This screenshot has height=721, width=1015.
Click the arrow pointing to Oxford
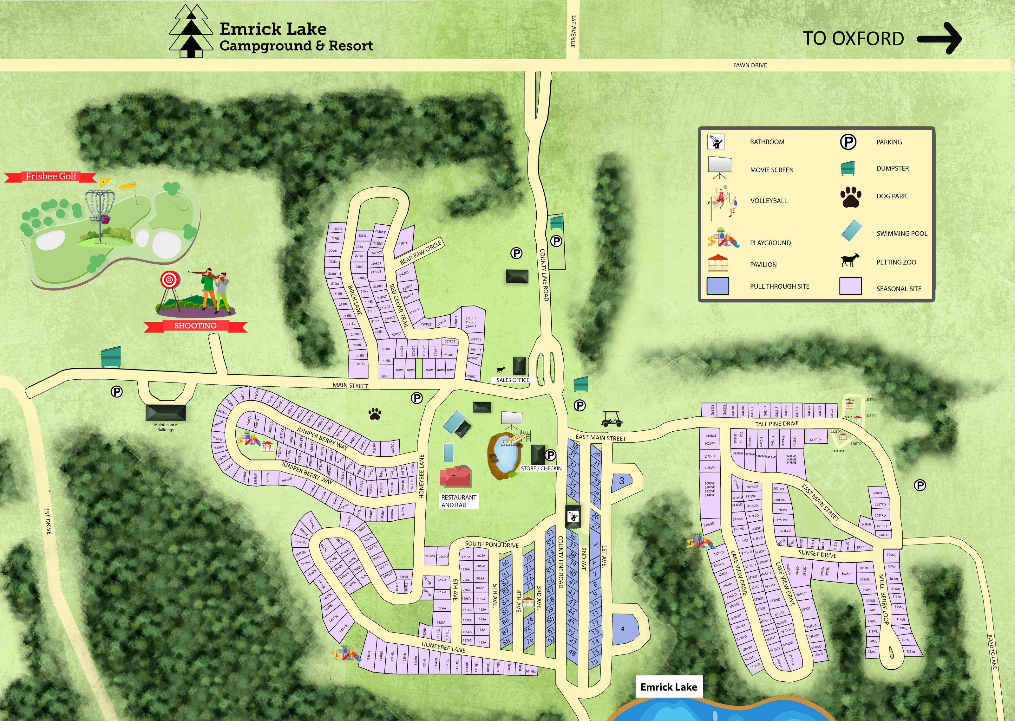[x=939, y=39]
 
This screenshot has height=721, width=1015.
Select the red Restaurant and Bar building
[x=455, y=477]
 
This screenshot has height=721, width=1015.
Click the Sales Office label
[x=513, y=380]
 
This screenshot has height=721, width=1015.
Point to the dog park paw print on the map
[x=375, y=414]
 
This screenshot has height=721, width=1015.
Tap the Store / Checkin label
[x=541, y=468]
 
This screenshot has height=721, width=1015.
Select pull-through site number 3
[x=621, y=481]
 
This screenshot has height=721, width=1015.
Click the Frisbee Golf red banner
[x=51, y=177]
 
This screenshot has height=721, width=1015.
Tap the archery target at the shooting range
[x=169, y=280]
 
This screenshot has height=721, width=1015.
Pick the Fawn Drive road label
[x=750, y=65]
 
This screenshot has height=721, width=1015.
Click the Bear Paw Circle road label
[x=420, y=252]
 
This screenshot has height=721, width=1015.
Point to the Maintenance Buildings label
[x=165, y=427]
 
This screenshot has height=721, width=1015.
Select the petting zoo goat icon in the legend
[x=850, y=261]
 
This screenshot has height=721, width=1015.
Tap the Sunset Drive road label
[x=817, y=554]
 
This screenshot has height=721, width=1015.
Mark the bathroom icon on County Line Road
[x=573, y=516]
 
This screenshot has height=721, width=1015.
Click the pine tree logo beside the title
[x=191, y=32]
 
